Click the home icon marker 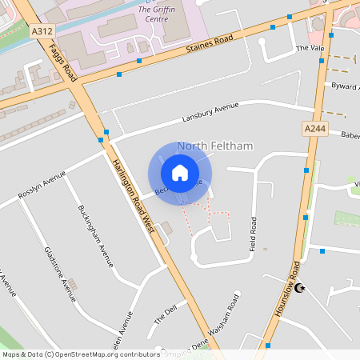180,173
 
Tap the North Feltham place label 214,146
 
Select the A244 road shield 314,128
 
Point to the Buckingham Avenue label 96,235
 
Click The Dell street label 165,314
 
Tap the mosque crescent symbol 301,288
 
